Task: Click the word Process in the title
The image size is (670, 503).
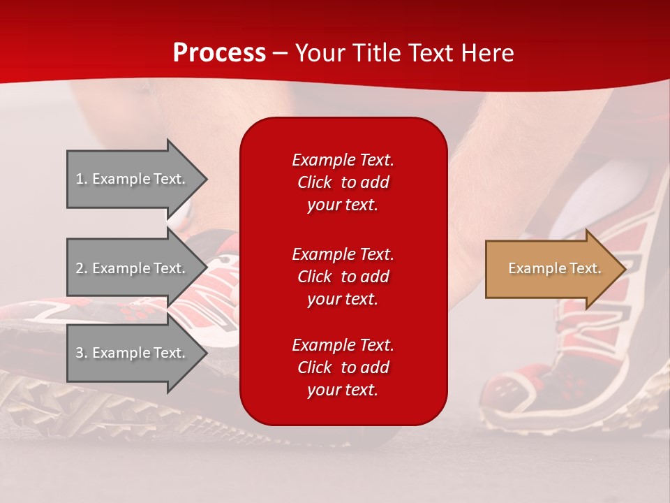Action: click(x=219, y=52)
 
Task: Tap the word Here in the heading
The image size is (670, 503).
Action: click(x=487, y=52)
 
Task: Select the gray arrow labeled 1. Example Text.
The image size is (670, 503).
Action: click(x=137, y=179)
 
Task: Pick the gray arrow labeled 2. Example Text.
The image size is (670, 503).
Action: click(x=137, y=268)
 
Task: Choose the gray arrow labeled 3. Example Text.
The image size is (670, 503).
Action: click(x=137, y=352)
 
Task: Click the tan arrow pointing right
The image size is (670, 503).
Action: click(x=556, y=268)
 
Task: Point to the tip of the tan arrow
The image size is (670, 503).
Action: click(x=627, y=269)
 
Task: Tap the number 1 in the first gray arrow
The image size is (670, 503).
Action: click(x=80, y=179)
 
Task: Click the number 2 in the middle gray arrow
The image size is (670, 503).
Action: click(x=80, y=268)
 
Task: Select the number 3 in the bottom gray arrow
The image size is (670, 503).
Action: click(x=80, y=353)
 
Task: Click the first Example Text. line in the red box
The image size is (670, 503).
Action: click(x=343, y=159)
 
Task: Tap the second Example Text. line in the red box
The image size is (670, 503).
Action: click(x=343, y=254)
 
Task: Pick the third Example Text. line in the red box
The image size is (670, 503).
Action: click(x=343, y=344)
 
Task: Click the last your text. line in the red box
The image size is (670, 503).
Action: click(x=343, y=390)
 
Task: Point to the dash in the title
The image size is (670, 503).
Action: click(x=281, y=54)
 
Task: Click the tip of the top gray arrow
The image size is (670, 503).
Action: click(x=208, y=179)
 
